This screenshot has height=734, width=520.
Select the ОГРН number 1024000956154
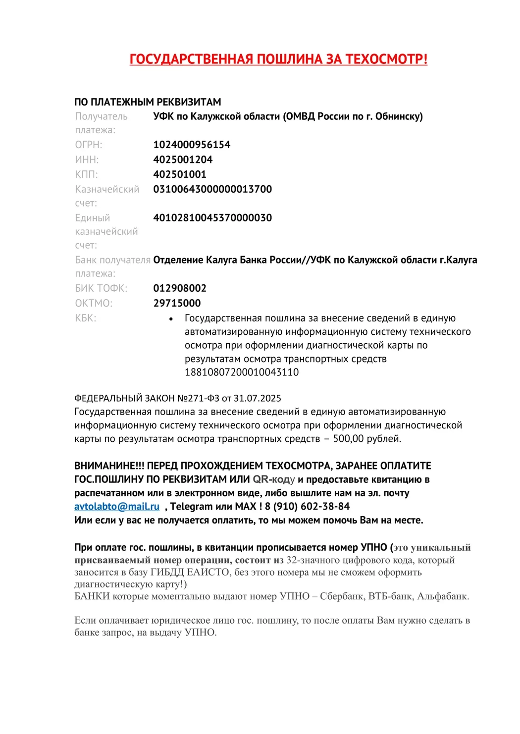point(192,145)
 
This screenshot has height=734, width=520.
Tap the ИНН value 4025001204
point(183,159)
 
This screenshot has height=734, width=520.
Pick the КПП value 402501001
point(180,174)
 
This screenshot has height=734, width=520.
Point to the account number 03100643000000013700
point(212,189)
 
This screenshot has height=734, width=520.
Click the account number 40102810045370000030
point(212,217)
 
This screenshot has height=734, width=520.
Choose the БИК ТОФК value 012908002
point(180,288)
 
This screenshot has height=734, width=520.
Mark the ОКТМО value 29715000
point(177,303)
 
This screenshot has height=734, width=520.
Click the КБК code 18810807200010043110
point(242,372)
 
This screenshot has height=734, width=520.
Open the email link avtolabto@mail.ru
point(117,506)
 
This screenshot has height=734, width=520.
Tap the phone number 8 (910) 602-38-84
point(307,506)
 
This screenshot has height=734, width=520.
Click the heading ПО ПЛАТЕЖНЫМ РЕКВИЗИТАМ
point(148,102)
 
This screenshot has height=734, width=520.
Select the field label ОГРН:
point(89,145)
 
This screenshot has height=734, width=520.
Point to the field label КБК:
point(86,318)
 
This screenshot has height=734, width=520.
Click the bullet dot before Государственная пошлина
point(171,319)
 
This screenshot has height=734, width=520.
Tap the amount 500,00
point(348,439)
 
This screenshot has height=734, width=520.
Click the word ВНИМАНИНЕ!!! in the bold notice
point(109,466)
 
